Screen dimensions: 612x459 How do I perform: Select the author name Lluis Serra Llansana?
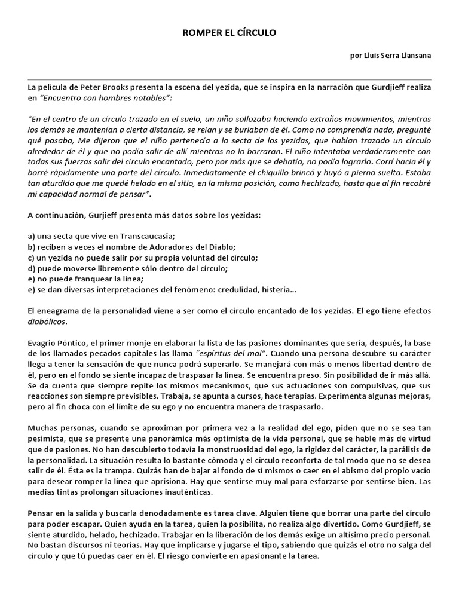tap(395, 56)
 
